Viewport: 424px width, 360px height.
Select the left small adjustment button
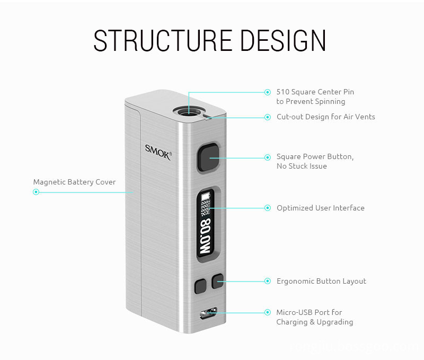[x=200, y=286]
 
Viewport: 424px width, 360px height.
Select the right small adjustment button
[x=217, y=282]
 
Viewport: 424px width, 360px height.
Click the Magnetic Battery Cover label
[x=74, y=182]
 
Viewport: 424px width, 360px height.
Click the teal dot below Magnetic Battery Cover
[x=36, y=192]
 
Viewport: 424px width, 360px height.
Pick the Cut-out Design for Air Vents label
[x=325, y=117]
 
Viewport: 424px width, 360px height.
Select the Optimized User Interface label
[x=320, y=208]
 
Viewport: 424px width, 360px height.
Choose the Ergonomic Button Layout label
[x=321, y=281]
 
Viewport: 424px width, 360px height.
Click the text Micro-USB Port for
[x=309, y=312]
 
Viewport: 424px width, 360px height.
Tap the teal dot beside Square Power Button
[x=268, y=157]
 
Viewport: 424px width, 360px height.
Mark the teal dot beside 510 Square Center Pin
[x=268, y=92]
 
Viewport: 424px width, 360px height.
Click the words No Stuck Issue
[x=302, y=166]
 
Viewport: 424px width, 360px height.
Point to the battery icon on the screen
[x=206, y=197]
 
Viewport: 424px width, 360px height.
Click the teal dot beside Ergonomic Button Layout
[x=268, y=281]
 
